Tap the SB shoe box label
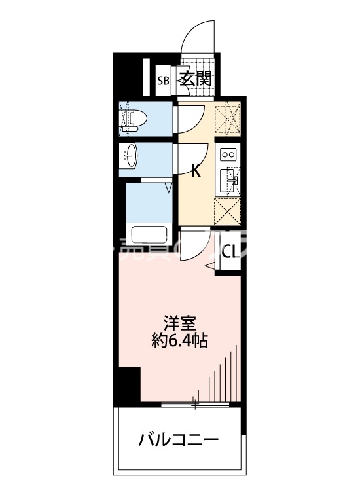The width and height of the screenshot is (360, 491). pos(163,81)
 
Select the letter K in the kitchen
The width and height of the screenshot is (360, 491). pos(195,172)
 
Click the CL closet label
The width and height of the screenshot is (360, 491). pos(230,252)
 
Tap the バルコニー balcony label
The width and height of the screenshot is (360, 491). pos(178,439)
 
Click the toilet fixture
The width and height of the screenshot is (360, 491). pos(134,118)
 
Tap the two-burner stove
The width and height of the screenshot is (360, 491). pos(229,155)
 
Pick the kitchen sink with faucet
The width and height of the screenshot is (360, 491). pos(229,181)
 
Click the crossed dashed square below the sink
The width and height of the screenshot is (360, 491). pos(229,211)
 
